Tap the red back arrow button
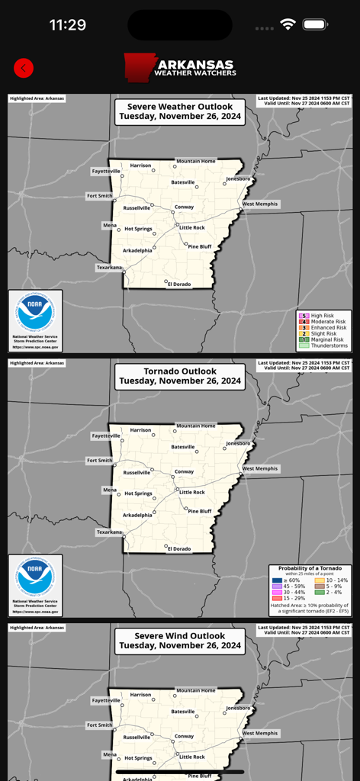(24, 68)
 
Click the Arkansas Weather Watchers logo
(180, 67)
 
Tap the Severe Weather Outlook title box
(180, 111)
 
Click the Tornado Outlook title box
(180, 376)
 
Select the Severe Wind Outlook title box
(180, 641)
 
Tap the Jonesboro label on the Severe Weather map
(237, 179)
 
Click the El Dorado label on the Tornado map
(179, 548)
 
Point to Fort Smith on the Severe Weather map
(100, 196)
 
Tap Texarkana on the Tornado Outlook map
(109, 532)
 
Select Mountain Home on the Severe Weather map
(196, 161)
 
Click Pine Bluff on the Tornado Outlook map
(199, 511)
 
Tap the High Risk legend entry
(323, 316)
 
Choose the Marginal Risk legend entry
(323, 339)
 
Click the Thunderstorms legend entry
(323, 346)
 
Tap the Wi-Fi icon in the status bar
(288, 24)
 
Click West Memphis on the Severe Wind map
(260, 733)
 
